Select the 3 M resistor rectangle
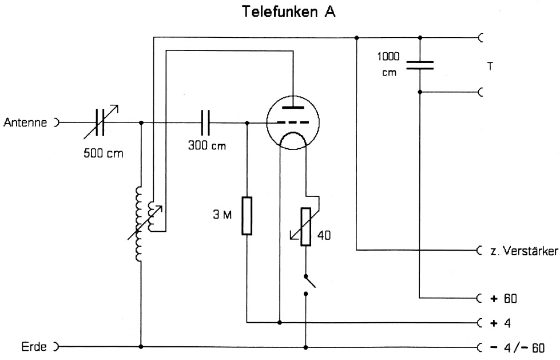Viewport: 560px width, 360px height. point(247,215)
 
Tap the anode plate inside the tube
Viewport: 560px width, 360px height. point(292,106)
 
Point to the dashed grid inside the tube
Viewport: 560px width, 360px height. point(292,122)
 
